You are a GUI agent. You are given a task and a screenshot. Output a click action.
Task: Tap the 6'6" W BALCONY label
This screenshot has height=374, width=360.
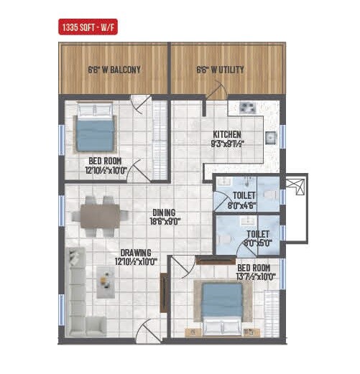click(114, 70)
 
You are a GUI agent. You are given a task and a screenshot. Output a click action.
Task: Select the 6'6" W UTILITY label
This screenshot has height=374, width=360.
click(220, 70)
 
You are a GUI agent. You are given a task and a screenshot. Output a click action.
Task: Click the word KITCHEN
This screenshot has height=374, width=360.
click(226, 134)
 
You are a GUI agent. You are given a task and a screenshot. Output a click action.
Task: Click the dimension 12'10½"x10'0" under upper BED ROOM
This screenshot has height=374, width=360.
click(104, 171)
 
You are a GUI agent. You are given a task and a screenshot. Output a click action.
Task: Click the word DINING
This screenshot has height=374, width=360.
click(164, 212)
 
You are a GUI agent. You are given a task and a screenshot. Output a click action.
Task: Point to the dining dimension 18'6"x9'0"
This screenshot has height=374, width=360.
click(165, 223)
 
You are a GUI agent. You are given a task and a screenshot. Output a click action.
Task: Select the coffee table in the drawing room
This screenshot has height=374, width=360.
click(106, 281)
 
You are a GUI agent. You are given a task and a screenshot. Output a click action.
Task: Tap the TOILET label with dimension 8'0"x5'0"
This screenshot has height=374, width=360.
click(257, 238)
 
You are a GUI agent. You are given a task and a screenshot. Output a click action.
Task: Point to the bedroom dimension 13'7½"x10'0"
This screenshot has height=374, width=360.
click(255, 276)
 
